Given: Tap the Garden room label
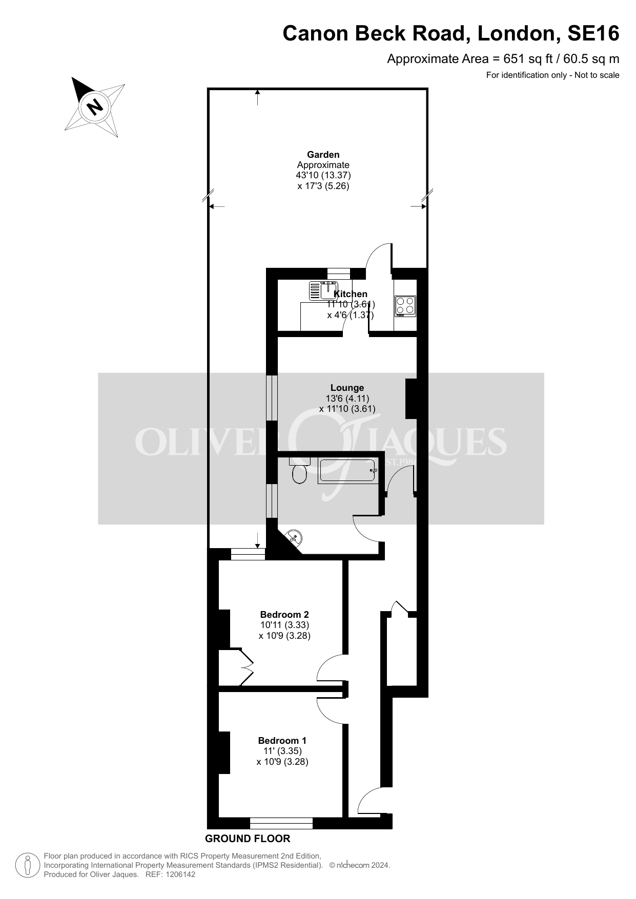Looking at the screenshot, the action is tap(323, 154).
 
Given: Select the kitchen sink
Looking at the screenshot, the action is tap(323, 290).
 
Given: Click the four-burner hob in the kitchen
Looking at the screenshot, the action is tap(405, 306).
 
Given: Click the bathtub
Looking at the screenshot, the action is tap(348, 471).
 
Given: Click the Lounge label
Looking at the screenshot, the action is tap(347, 388).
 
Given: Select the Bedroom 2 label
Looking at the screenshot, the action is tap(284, 614).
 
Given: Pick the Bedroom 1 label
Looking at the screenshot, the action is tap(282, 740).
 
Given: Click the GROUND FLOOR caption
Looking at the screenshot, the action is tap(248, 839).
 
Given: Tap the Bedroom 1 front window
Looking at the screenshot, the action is tap(281, 823).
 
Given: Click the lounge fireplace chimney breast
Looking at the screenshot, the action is tap(412, 399).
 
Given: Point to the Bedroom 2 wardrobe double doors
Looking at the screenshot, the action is tap(247, 666).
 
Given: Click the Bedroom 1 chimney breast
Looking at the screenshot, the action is tap(224, 752).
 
